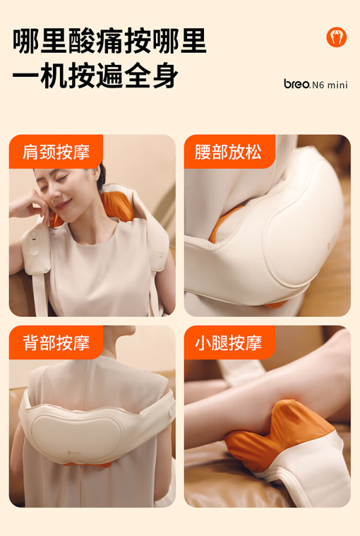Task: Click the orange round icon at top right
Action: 336,37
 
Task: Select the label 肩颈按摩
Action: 56,152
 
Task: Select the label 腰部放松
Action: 228,152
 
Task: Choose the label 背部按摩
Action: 56,343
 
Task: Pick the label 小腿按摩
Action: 228,343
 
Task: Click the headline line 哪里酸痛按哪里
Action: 110,41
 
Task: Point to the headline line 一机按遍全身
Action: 95,76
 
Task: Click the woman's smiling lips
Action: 63,205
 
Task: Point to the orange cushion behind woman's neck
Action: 117,206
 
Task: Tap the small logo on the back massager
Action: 74,453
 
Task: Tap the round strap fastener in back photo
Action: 172,410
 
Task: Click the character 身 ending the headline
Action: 165,76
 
